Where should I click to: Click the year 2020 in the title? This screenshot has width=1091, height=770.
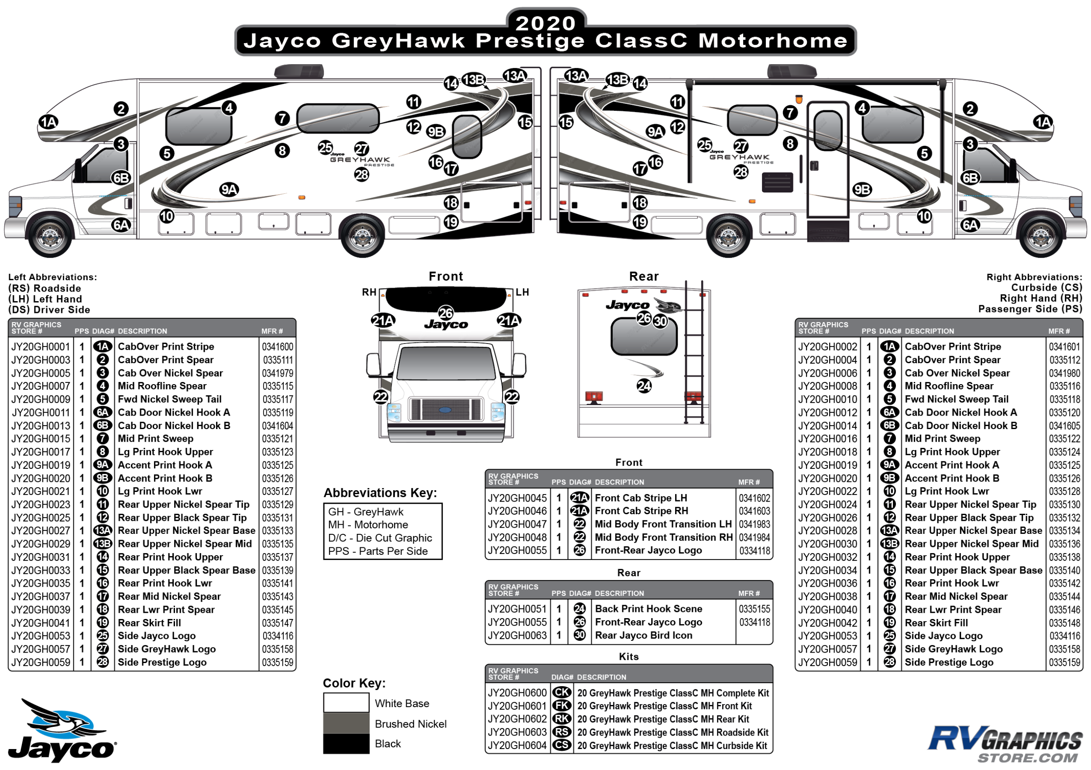tap(545, 23)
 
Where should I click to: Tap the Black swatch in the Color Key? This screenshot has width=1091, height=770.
tap(346, 744)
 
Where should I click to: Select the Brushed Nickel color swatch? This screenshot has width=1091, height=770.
tap(346, 723)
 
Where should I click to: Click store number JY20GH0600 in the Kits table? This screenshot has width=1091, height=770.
tap(517, 693)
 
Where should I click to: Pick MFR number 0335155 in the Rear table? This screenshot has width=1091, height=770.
tap(754, 609)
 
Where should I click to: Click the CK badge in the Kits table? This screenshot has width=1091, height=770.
tap(562, 693)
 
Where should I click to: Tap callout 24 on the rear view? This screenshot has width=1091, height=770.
tap(644, 386)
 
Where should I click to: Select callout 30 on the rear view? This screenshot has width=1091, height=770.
tap(661, 321)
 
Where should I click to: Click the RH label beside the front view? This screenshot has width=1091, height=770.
tap(369, 292)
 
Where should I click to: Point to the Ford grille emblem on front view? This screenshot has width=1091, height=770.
tap(445, 410)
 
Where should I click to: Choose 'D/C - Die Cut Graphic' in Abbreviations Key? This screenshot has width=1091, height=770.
tap(380, 538)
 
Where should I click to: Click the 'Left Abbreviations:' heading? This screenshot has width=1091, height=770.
tap(52, 277)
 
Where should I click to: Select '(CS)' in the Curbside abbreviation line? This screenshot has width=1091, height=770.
tap(1073, 288)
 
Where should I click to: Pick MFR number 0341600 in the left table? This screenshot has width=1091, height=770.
tap(278, 347)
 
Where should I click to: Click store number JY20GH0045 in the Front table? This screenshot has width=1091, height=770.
tap(517, 498)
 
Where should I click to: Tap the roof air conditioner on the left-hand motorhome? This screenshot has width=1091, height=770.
tap(299, 71)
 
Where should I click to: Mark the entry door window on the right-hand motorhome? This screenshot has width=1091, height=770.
tap(828, 130)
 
